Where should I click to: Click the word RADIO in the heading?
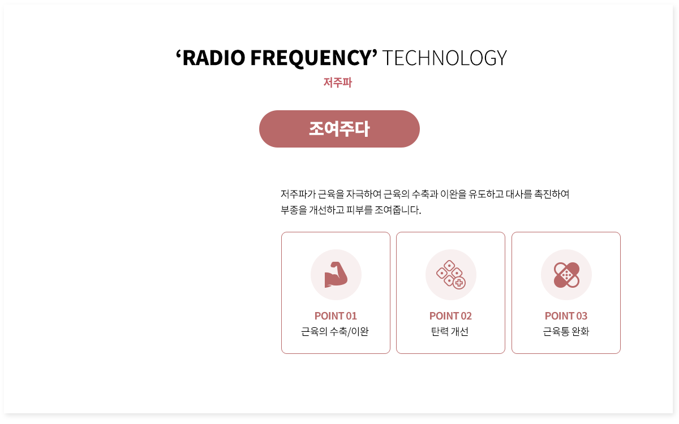click(x=214, y=58)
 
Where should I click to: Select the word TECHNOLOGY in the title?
click(x=444, y=58)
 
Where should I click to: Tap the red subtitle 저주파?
click(x=338, y=83)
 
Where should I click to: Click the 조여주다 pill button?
click(x=339, y=129)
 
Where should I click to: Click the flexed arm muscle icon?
click(x=336, y=275)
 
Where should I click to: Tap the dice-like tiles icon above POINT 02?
click(x=451, y=275)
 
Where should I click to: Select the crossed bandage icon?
click(x=566, y=275)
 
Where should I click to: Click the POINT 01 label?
click(x=336, y=316)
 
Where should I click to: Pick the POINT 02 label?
click(x=450, y=316)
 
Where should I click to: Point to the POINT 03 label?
click(x=566, y=316)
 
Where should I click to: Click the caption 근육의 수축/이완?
click(x=335, y=332)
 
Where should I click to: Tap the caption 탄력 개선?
click(x=450, y=332)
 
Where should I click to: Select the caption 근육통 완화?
click(x=566, y=332)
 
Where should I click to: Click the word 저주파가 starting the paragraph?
click(x=298, y=194)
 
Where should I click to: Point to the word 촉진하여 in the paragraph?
click(x=552, y=194)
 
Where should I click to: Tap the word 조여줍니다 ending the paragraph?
click(x=398, y=210)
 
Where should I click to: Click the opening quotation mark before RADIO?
click(x=178, y=53)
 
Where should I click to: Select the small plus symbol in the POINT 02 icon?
click(x=459, y=283)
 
